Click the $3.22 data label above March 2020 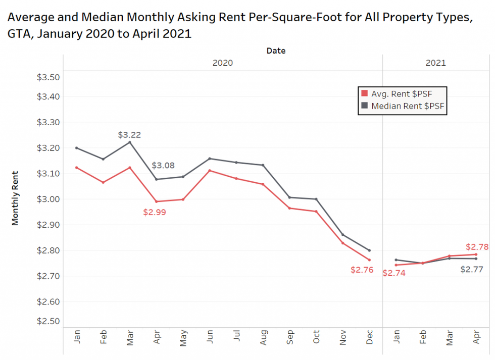[129, 135]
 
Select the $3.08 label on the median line [163, 166]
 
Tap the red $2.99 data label [155, 213]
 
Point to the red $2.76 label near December [362, 270]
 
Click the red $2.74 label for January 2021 [393, 273]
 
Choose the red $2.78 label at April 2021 [477, 247]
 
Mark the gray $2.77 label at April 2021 [472, 269]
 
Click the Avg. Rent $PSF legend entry [402, 93]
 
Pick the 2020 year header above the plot [222, 63]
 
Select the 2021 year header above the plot [435, 63]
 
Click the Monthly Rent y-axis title [15, 197]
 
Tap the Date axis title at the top [276, 50]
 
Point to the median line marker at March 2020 [130, 142]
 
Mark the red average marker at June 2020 [210, 171]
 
